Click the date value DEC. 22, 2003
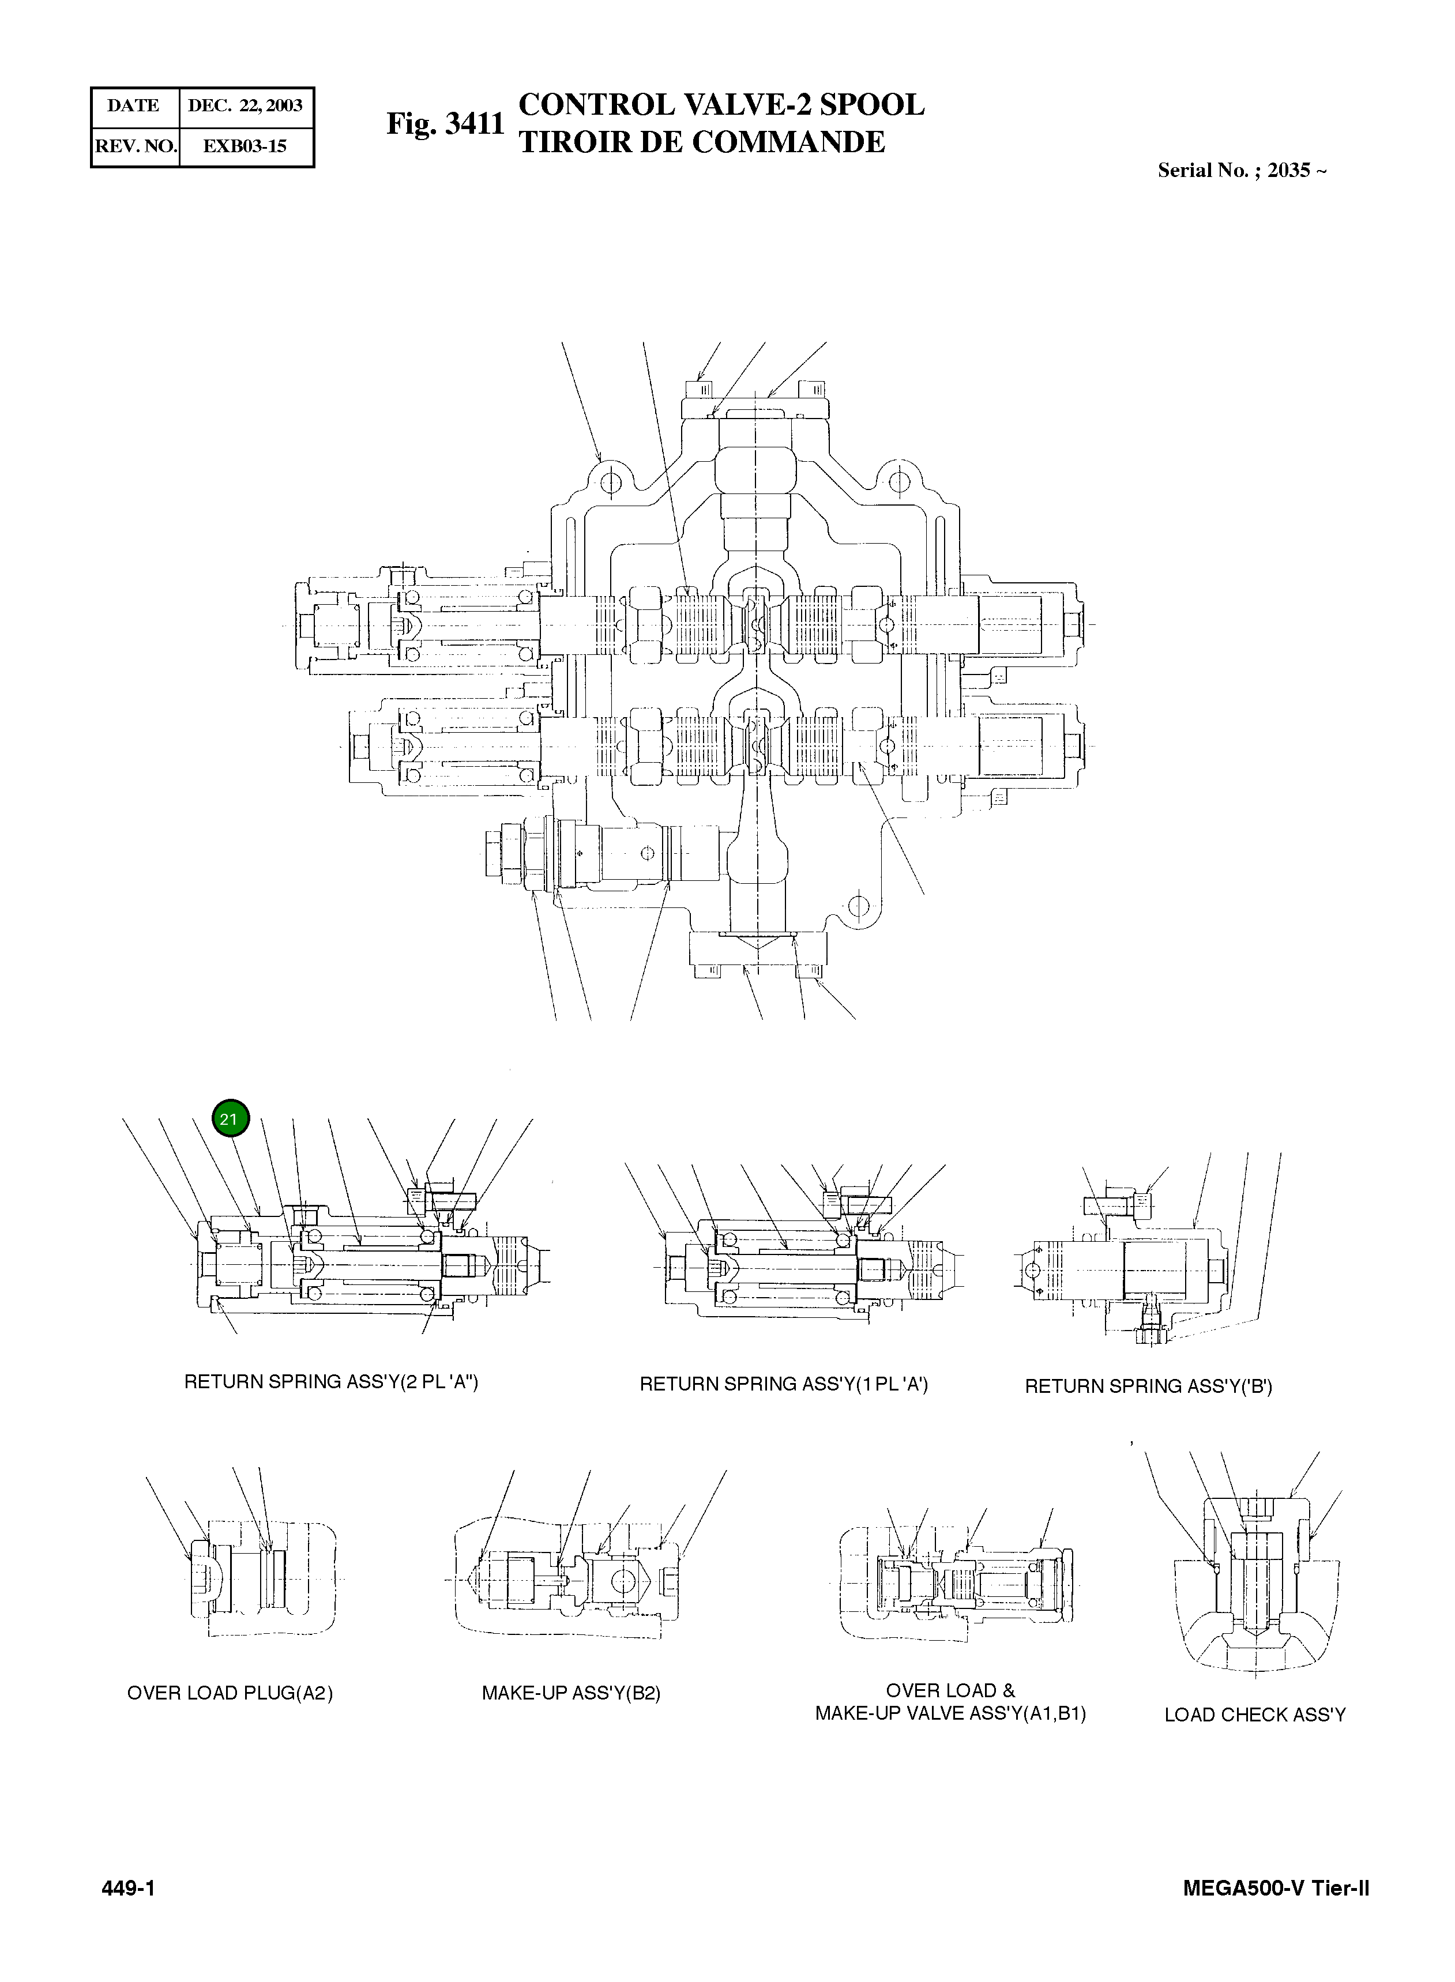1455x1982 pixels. click(x=245, y=105)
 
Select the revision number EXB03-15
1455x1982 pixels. click(x=245, y=146)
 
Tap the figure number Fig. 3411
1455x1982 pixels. click(x=445, y=124)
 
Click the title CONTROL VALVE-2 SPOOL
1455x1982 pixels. click(x=721, y=105)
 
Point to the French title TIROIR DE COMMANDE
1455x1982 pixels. click(x=701, y=142)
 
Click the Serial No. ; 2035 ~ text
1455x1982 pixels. click(x=1241, y=171)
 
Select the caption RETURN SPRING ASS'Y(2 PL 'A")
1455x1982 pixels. click(x=330, y=1381)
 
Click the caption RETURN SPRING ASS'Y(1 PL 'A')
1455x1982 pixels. click(x=783, y=1384)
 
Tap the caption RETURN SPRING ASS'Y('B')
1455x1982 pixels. click(x=1148, y=1387)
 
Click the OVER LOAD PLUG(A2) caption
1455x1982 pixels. click(x=230, y=1693)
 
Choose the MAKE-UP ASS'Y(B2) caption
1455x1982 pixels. click(x=571, y=1693)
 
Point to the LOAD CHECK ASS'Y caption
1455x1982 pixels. click(x=1254, y=1715)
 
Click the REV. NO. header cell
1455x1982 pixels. click(x=136, y=146)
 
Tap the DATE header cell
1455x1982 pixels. click(x=133, y=105)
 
